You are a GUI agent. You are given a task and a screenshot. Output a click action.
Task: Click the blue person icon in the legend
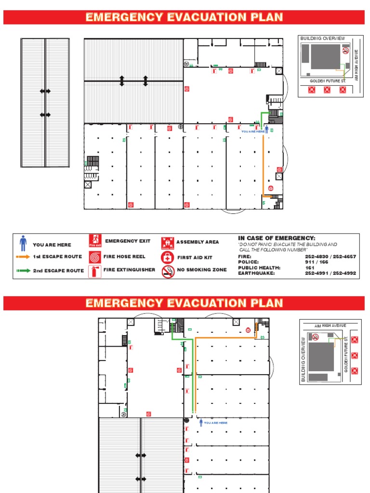point(23,241)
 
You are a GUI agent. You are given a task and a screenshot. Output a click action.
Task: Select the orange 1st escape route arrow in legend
point(23,257)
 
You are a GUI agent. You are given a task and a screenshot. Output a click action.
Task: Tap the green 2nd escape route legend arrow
point(23,271)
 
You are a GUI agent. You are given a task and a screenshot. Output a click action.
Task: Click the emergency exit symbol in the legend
point(95,241)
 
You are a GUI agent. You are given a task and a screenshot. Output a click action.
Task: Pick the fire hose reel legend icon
point(95,257)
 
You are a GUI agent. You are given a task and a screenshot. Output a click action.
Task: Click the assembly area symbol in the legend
point(167,242)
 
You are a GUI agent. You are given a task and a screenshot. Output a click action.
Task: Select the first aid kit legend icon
point(167,257)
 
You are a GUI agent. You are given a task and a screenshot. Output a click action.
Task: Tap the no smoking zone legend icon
point(167,271)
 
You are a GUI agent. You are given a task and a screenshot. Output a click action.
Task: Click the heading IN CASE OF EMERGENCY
point(277,238)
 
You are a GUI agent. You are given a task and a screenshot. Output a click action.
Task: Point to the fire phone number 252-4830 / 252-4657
point(330,257)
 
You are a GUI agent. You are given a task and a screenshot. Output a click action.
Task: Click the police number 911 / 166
point(316,262)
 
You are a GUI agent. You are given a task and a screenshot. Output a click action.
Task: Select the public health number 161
point(310,268)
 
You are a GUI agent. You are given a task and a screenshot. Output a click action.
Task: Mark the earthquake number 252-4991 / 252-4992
point(330,273)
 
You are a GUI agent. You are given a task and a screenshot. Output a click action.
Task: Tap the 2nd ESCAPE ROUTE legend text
point(58,271)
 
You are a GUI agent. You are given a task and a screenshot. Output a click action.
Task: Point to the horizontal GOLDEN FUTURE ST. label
point(328,81)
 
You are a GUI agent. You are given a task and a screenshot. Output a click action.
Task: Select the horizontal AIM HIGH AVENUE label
point(330,326)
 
